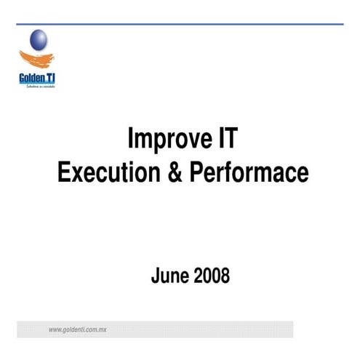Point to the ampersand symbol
point(177,172)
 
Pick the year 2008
point(211,276)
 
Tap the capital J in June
point(155,276)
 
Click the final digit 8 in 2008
point(225,276)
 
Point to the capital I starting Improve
point(131,139)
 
